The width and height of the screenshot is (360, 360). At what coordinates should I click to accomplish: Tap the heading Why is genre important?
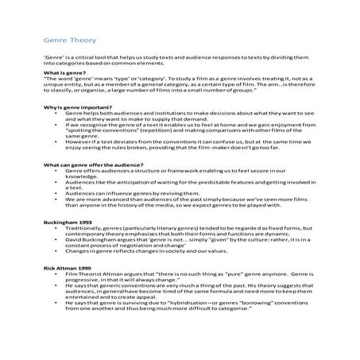click(x=71, y=106)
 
